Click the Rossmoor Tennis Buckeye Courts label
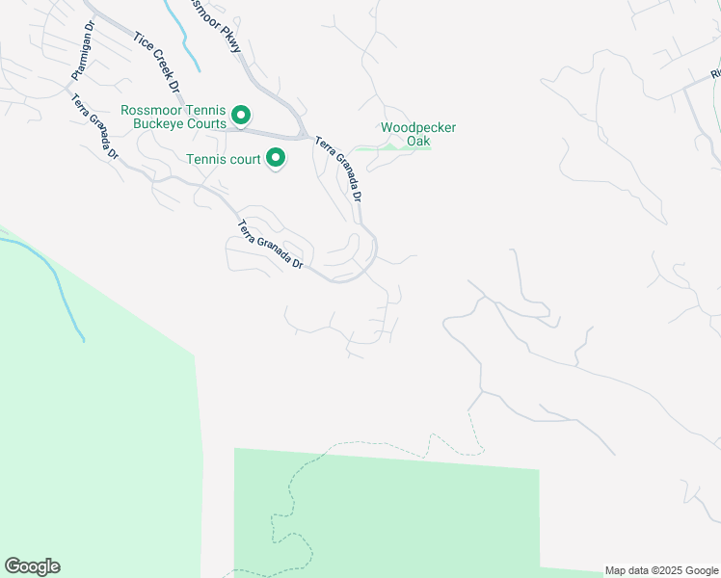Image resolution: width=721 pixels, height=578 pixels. point(174,117)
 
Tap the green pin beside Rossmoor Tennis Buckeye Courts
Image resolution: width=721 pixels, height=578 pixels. point(241,116)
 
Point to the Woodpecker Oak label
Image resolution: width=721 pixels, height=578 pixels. point(417,134)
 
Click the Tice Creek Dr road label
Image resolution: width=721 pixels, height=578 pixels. point(157,63)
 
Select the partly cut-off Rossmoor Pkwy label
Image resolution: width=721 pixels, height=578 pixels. point(218,16)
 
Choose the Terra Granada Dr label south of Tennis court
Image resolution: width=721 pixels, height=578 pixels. point(270,246)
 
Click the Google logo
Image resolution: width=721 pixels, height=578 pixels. point(32,566)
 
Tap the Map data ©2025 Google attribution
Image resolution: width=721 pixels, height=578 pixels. point(661,570)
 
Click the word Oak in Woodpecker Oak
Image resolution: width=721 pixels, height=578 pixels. point(418,142)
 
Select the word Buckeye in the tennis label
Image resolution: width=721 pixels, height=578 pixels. point(200,123)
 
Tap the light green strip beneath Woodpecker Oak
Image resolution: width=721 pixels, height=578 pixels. point(390,147)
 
